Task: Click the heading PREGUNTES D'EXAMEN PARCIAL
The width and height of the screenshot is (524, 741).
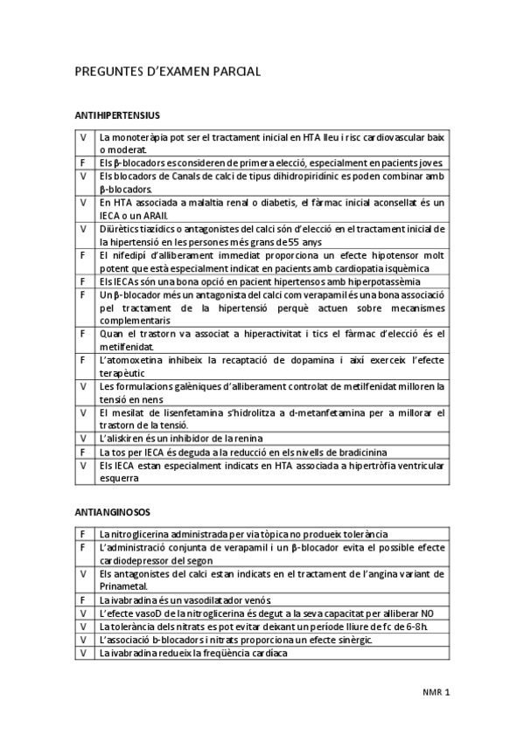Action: pyautogui.click(x=168, y=73)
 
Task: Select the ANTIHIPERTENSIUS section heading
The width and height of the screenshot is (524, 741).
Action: pyautogui.click(x=117, y=114)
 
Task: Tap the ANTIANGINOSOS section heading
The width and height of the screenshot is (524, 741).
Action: pyautogui.click(x=113, y=511)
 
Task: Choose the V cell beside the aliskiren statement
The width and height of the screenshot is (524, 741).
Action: pyautogui.click(x=83, y=438)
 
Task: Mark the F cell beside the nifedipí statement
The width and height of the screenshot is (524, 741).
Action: pyautogui.click(x=83, y=255)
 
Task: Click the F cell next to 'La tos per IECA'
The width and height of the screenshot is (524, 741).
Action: pyautogui.click(x=83, y=452)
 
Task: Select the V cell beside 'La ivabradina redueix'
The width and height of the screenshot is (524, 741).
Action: pyautogui.click(x=83, y=652)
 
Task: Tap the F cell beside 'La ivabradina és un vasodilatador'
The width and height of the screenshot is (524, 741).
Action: pyautogui.click(x=83, y=599)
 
